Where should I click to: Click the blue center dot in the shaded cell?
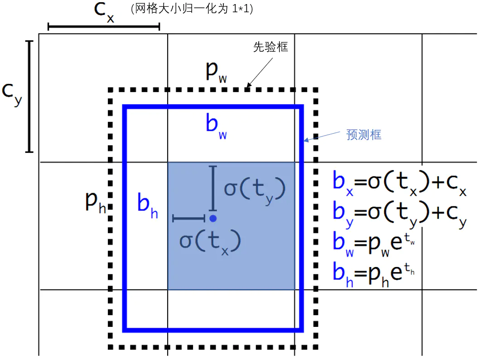coord(213,219)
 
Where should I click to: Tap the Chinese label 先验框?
coord(270,47)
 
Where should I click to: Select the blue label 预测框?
coord(364,135)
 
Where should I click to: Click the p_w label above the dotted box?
coord(216,73)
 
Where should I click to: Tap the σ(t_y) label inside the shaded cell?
coord(255,190)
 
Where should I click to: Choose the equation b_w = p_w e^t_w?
coord(374,244)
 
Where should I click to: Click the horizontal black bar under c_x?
coord(104,27)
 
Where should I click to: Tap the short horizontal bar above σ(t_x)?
coord(189,219)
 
